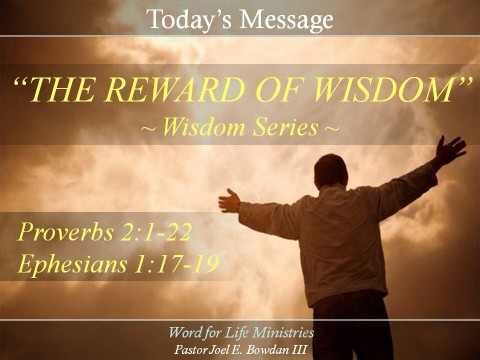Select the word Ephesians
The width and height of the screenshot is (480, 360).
(x=71, y=265)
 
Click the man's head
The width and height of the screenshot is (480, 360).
(x=330, y=171)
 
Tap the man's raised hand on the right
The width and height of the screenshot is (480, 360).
(x=449, y=149)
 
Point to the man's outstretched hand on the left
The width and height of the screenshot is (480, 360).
(x=230, y=200)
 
